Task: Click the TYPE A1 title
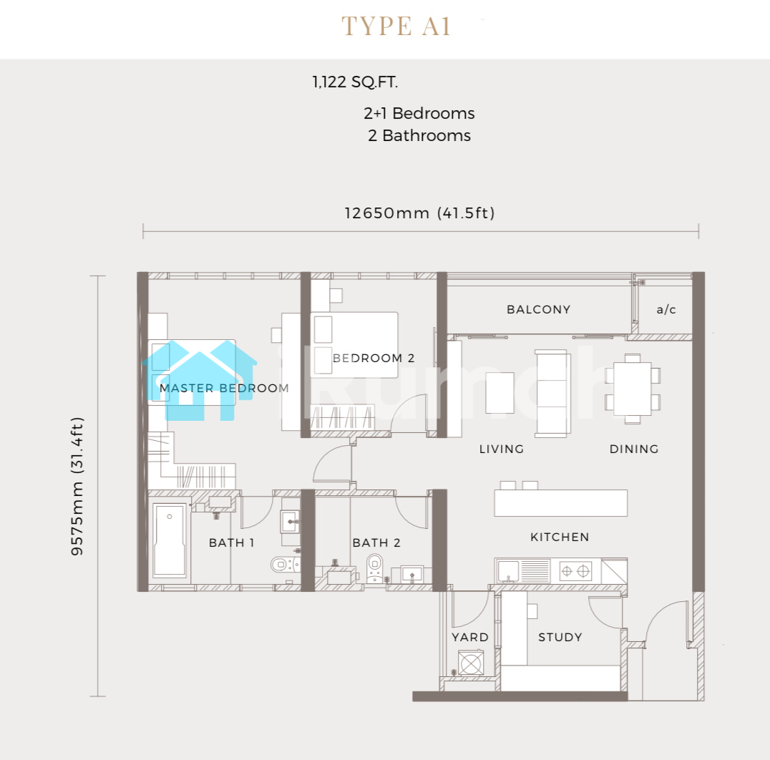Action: pos(396,26)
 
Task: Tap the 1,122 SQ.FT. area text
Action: pos(355,82)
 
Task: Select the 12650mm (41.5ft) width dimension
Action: pos(419,213)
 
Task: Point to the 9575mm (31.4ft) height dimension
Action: pos(77,486)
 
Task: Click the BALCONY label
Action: pos(539,309)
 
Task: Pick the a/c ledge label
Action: pos(666,309)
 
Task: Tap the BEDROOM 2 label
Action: pos(374,358)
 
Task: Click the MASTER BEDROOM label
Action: pos(224,388)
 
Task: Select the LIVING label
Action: pos(502,449)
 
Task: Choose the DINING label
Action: pos(634,449)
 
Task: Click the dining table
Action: pos(633,389)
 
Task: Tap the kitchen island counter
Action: pos(561,503)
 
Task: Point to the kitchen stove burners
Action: pos(575,571)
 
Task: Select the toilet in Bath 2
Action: pos(375,568)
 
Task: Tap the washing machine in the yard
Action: pos(470,663)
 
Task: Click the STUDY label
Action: pos(560,637)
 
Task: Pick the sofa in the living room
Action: pos(553,394)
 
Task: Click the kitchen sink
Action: pos(508,572)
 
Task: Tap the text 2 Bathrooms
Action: pos(419,135)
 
